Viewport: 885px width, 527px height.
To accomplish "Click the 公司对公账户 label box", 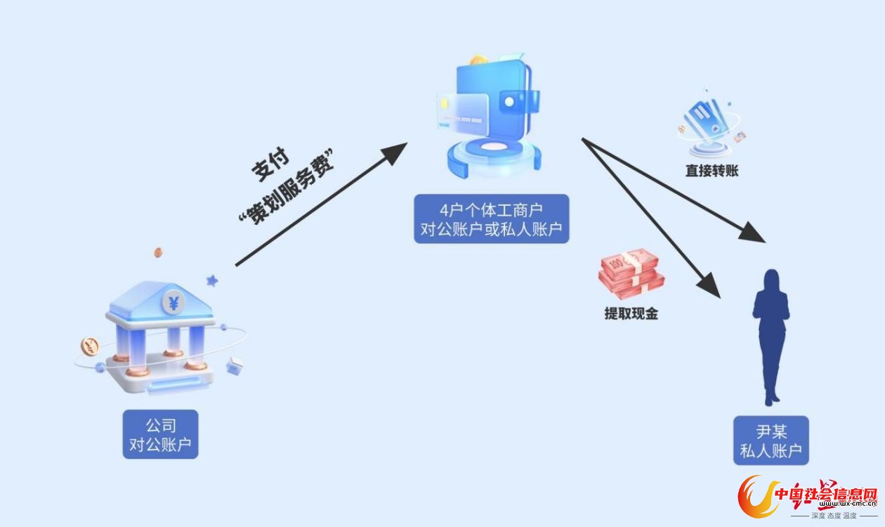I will (160, 434).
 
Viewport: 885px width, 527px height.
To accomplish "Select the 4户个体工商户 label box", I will (491, 219).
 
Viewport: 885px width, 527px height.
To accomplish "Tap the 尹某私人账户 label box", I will (771, 440).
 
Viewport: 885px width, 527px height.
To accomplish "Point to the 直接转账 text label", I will (712, 170).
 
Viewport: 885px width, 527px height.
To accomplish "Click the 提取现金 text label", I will (631, 314).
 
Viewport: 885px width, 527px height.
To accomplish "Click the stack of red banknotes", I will (631, 275).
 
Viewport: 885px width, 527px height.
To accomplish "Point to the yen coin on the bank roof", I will (173, 304).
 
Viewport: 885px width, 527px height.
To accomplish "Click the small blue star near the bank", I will (212, 280).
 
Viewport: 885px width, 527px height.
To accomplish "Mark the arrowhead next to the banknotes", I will (709, 285).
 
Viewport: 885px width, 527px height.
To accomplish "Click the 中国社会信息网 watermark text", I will (825, 495).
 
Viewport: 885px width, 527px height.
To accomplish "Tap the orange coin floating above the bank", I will (158, 252).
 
